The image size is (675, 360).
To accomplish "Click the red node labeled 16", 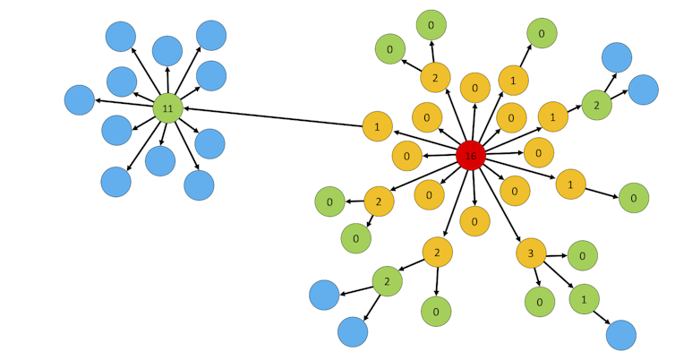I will coord(471,155).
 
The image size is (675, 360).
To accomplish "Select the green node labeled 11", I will coord(167,108).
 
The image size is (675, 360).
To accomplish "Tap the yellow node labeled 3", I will coord(531,253).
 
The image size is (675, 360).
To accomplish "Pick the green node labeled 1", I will coord(584,298).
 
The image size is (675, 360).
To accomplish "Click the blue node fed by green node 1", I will coord(620,335).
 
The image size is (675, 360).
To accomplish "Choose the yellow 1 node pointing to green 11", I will coord(377,126).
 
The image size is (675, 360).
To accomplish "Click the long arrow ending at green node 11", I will coord(273,117).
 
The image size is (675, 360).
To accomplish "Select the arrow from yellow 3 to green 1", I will coord(559,277).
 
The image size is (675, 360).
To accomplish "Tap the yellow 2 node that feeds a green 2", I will coord(437,253).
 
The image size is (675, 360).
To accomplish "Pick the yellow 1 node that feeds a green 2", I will coord(552,116).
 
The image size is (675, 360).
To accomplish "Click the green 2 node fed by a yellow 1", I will coord(596,105).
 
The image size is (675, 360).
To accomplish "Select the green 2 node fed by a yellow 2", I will coord(387,281).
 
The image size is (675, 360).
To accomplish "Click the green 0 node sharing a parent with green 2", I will coord(436,311).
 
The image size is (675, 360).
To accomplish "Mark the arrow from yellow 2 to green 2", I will coord(413,266).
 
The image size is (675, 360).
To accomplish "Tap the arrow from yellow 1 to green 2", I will coord(575,110).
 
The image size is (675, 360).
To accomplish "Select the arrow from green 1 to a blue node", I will coord(602,316).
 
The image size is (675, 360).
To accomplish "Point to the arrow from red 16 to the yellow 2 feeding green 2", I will coord(454,203).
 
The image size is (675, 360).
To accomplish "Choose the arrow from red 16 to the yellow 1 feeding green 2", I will coord(511,135).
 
